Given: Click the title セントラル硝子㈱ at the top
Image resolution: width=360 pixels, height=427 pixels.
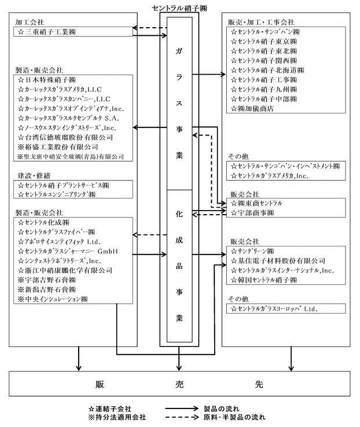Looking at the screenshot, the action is click(x=179, y=8).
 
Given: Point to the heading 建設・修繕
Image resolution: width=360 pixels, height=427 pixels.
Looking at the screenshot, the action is click(x=34, y=176).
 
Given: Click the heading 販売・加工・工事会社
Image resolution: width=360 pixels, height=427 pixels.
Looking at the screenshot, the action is click(x=261, y=22).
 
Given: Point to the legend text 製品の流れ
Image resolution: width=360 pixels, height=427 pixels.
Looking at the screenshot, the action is click(x=222, y=408).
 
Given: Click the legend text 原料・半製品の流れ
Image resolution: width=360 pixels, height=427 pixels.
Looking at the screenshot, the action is click(x=234, y=417).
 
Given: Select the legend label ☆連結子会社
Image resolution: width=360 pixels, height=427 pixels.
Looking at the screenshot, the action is click(x=111, y=408).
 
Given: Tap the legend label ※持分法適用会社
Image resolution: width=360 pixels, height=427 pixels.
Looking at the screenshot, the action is click(x=117, y=417).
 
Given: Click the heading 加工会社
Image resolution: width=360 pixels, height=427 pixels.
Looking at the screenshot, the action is click(x=30, y=22).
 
